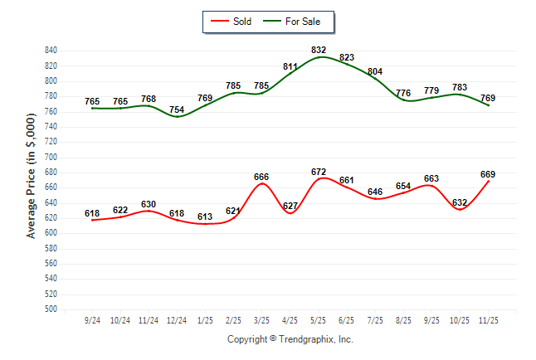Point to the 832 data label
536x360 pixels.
click(x=319, y=50)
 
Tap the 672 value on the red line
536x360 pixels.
click(x=319, y=172)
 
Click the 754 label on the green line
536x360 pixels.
click(x=177, y=109)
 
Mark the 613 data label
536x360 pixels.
click(x=205, y=216)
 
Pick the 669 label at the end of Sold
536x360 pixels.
click(x=488, y=174)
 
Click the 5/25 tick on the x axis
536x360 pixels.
click(x=319, y=319)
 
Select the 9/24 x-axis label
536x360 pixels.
click(x=92, y=319)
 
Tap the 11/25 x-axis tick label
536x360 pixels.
click(x=488, y=319)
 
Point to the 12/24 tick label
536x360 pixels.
click(x=177, y=319)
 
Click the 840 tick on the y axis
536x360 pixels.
click(x=51, y=51)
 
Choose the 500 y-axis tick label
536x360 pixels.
click(x=51, y=309)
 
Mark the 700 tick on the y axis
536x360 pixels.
click(x=51, y=157)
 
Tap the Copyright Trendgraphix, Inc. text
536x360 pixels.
click(x=290, y=339)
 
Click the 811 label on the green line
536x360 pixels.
click(x=290, y=66)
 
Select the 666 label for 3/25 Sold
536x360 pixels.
click(x=261, y=177)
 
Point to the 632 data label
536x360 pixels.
click(x=460, y=202)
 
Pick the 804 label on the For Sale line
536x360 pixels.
click(x=375, y=71)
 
